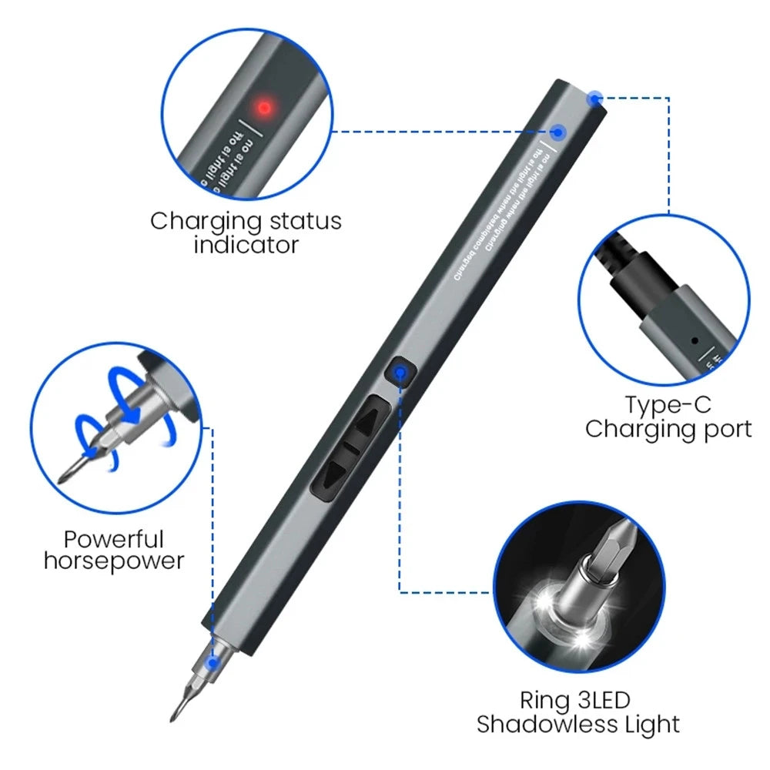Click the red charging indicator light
point(264,108)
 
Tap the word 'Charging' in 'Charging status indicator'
point(206,222)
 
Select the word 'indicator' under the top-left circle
point(246,246)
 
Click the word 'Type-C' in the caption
point(668,404)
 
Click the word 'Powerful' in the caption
point(114,539)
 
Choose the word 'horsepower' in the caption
point(114,561)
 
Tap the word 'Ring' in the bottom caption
point(543,700)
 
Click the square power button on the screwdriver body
point(399,373)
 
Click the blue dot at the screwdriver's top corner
point(594,98)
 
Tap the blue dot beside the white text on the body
point(560,132)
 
